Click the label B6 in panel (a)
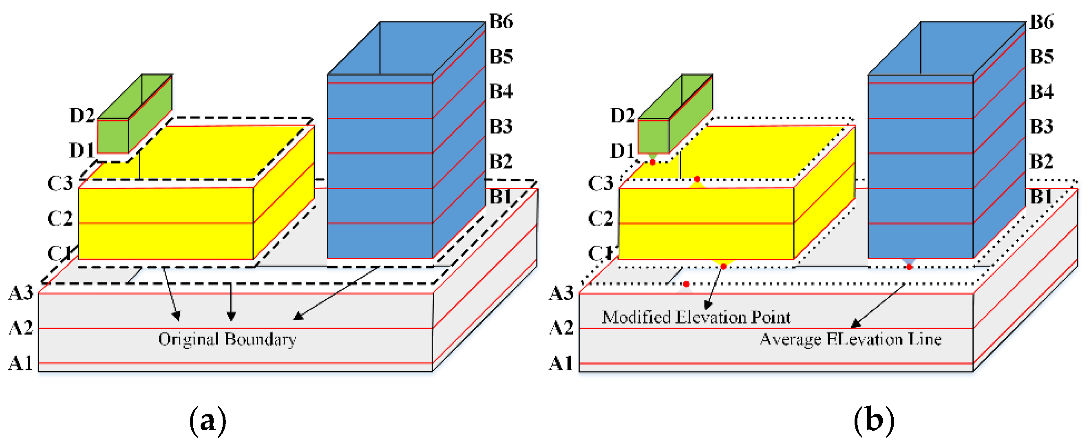pyautogui.click(x=501, y=21)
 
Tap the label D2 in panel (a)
pyautogui.click(x=82, y=115)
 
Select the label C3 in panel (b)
pyautogui.click(x=600, y=183)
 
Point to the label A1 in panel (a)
pyautogui.click(x=21, y=363)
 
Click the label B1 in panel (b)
pyautogui.click(x=1041, y=196)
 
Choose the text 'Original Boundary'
pyautogui.click(x=227, y=339)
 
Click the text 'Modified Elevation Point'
pyautogui.click(x=696, y=317)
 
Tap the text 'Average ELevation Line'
pyautogui.click(x=850, y=339)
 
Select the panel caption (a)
pyautogui.click(x=207, y=421)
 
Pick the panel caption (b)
pyautogui.click(x=873, y=421)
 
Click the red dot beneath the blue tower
pyautogui.click(x=909, y=267)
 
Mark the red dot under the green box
pyautogui.click(x=652, y=162)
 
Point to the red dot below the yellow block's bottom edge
pyautogui.click(x=723, y=266)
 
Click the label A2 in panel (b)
pyautogui.click(x=561, y=328)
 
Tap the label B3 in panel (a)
pyautogui.click(x=501, y=126)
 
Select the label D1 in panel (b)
pyautogui.click(x=622, y=150)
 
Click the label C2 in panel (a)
pyautogui.click(x=60, y=218)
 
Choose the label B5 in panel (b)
pyautogui.click(x=1042, y=57)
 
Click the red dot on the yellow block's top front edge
pyautogui.click(x=697, y=179)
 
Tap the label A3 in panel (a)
pyautogui.click(x=21, y=293)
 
